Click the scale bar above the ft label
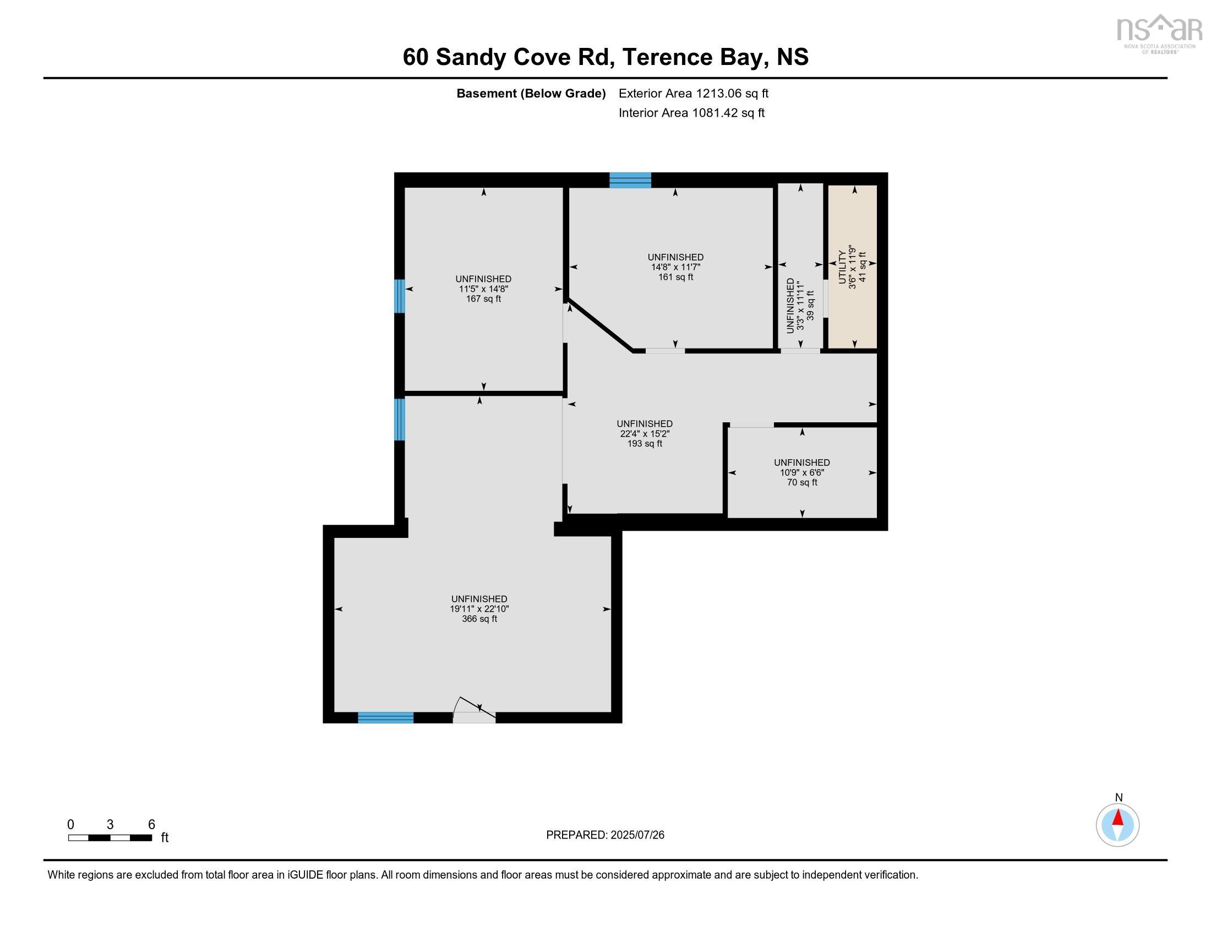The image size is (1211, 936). click(110, 837)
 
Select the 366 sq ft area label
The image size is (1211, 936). click(479, 619)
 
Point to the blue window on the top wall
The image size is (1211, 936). click(630, 180)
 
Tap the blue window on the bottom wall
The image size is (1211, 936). click(385, 717)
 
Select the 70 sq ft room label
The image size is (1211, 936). click(802, 482)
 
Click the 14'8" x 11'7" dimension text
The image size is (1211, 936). click(675, 266)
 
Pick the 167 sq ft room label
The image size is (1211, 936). click(483, 299)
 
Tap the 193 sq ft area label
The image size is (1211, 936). click(645, 444)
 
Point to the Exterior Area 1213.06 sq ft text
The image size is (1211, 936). click(693, 93)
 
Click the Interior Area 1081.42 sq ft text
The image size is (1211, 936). click(691, 112)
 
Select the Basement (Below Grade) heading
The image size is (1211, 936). click(531, 93)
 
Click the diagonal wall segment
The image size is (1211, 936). click(600, 325)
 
